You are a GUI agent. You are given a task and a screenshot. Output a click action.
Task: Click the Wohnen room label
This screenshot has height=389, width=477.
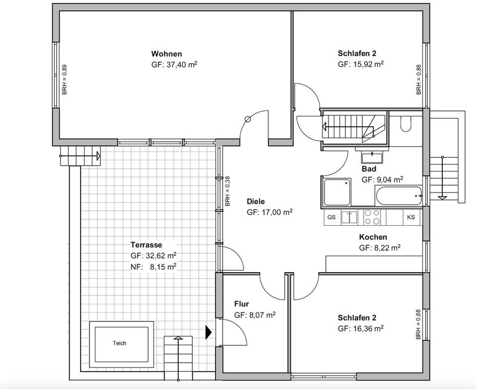click(x=166, y=54)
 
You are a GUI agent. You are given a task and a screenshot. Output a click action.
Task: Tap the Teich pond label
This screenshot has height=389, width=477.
click(x=120, y=343)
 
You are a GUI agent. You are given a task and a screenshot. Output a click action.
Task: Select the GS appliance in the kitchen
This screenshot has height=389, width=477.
click(x=331, y=217)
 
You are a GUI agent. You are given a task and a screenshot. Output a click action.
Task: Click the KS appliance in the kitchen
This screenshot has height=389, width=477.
click(x=411, y=217)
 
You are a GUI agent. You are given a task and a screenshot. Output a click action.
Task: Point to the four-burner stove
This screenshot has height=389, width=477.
click(x=372, y=217)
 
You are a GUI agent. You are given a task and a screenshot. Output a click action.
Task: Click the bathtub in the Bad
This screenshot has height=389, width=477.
click(x=399, y=196)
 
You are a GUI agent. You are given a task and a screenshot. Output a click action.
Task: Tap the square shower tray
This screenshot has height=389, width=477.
click(x=337, y=193)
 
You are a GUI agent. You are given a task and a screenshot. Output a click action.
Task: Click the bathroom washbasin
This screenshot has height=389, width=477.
click(x=372, y=158)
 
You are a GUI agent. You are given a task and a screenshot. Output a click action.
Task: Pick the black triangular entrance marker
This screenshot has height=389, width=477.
click(x=208, y=332)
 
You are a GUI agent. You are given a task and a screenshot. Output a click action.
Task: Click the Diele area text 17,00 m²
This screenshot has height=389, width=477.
click(x=277, y=212)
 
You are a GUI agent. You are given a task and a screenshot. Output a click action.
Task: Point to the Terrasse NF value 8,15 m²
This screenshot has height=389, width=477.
click(x=163, y=267)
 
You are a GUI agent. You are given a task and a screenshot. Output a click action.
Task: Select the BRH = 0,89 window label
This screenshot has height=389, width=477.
click(x=65, y=80)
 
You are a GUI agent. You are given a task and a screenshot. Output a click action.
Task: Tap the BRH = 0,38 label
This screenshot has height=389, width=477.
click(x=228, y=192)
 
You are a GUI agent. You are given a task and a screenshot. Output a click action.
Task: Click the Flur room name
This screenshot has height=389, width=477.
click(x=241, y=304)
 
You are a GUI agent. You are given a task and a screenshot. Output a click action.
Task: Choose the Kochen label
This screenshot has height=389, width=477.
click(x=373, y=237)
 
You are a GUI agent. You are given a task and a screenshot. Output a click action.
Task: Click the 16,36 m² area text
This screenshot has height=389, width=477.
click(x=368, y=328)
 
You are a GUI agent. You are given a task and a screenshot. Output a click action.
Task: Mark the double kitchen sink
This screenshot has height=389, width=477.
click(x=349, y=217)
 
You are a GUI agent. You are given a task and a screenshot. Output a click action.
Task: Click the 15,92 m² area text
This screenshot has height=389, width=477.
click(x=368, y=64)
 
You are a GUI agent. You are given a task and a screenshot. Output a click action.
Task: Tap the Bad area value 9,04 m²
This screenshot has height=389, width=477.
click(x=390, y=180)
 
